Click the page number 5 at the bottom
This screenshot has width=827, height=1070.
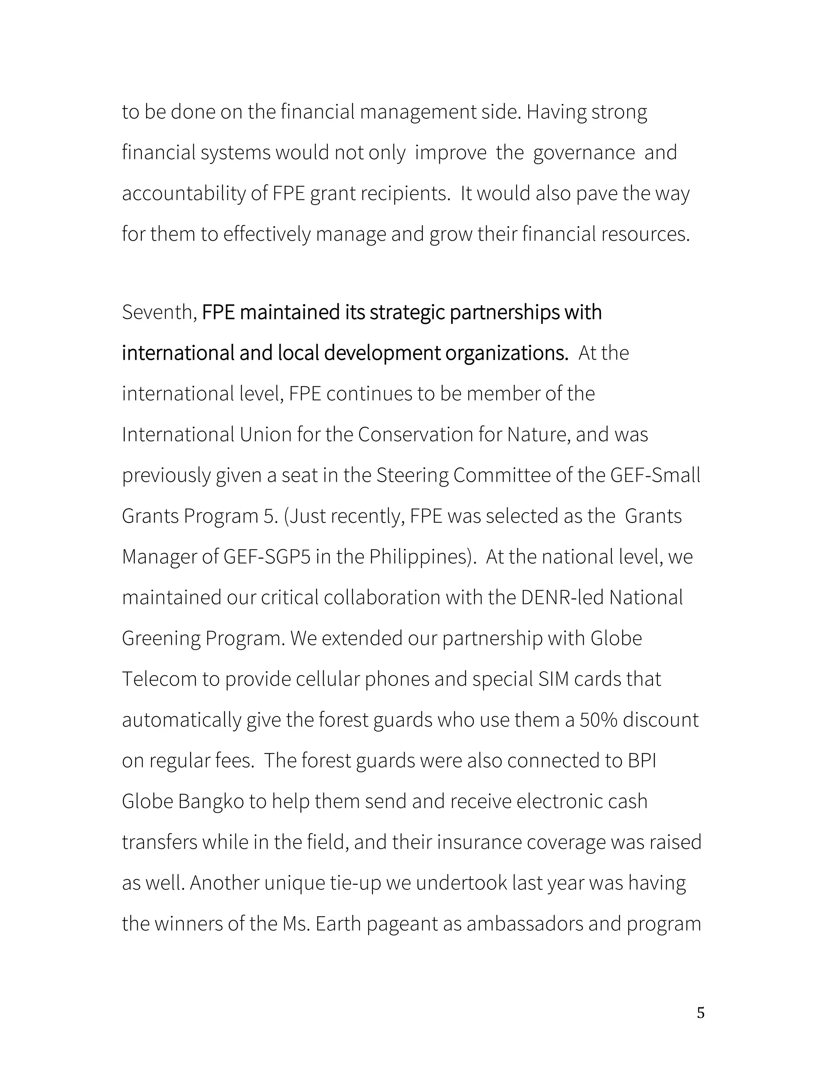click(701, 1013)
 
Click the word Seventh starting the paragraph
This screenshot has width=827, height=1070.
click(157, 313)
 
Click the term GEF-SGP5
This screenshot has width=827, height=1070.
click(267, 557)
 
